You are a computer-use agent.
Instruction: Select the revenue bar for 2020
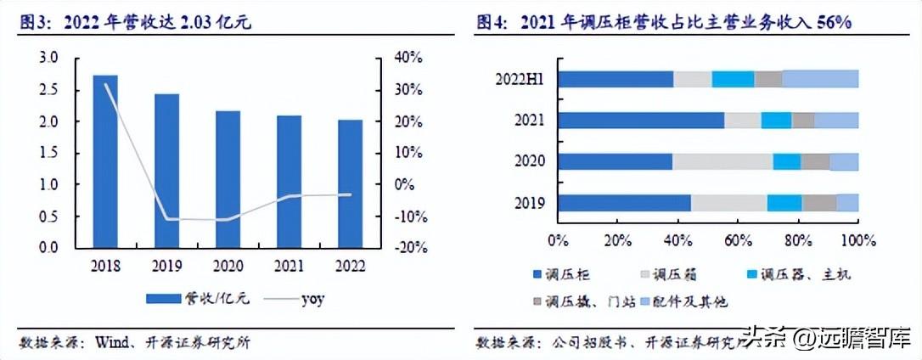pyautogui.click(x=228, y=179)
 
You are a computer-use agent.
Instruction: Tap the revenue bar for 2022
pyautogui.click(x=350, y=183)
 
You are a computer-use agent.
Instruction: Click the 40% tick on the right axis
pyautogui.click(x=407, y=58)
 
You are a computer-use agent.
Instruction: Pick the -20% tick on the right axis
pyautogui.click(x=407, y=247)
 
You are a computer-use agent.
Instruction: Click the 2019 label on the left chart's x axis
pyautogui.click(x=166, y=266)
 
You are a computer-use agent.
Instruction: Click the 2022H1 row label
pyautogui.click(x=520, y=79)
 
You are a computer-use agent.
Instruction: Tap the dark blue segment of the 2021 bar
pyautogui.click(x=642, y=121)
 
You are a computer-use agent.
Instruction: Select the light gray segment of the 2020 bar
pyautogui.click(x=722, y=161)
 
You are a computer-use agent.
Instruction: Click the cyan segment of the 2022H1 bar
pyautogui.click(x=733, y=79)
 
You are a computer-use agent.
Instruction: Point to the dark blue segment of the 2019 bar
pyautogui.click(x=625, y=202)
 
